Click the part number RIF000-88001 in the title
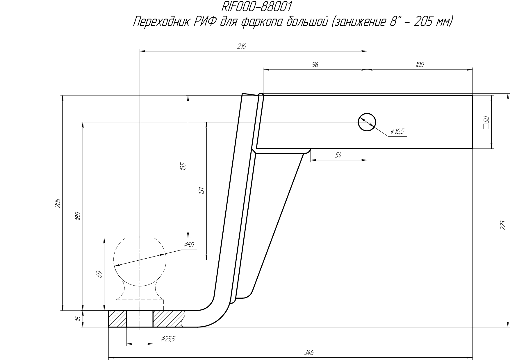[257, 6]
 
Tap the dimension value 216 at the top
[242, 46]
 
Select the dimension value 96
[315, 65]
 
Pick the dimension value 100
[420, 65]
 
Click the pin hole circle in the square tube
[367, 122]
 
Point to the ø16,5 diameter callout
[397, 132]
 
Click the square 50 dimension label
[486, 122]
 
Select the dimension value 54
[338, 155]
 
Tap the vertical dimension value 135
[183, 167]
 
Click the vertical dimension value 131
[202, 191]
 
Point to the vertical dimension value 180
[77, 216]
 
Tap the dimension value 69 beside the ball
[99, 274]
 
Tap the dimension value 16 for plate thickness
[77, 319]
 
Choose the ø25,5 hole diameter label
[168, 339]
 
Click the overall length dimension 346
[309, 353]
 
